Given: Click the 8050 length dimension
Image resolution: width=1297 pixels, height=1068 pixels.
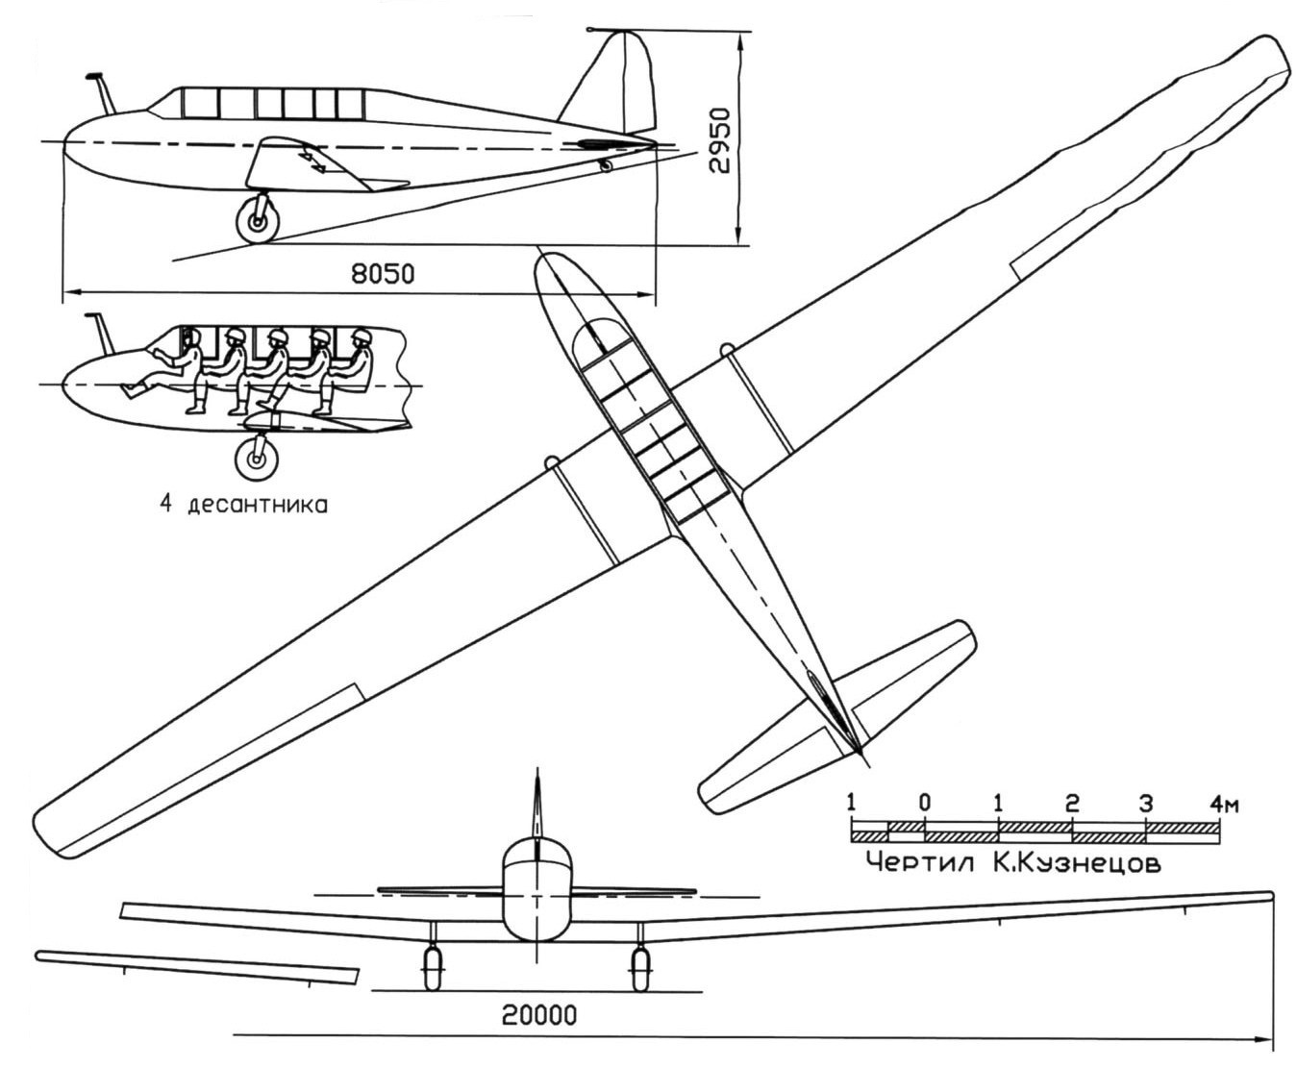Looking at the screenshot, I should (x=382, y=275).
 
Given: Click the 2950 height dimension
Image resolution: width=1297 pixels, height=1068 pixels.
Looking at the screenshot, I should (x=720, y=139).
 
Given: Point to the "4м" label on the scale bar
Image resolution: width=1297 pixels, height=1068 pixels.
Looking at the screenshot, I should (x=1223, y=804).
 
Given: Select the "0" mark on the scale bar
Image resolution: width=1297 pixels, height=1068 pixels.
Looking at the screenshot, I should (x=924, y=803).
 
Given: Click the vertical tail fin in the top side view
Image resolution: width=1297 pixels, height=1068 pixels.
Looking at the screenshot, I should (x=615, y=82).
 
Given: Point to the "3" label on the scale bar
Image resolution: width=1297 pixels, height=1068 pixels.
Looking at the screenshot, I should (x=1145, y=803).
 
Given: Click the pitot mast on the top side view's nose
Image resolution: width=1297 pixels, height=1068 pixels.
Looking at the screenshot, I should (x=102, y=91).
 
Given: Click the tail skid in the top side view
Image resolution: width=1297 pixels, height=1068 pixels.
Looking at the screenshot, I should (x=606, y=165).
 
